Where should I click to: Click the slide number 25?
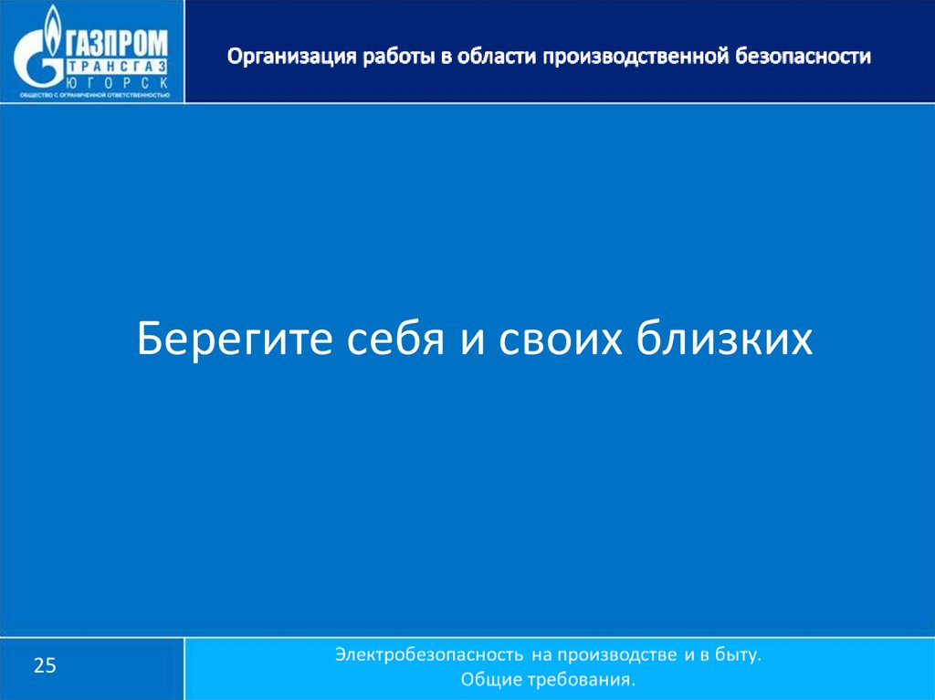pos(46,666)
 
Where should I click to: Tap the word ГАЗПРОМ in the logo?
pos(115,44)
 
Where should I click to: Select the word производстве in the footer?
pos(615,655)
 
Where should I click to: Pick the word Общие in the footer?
pos(491,680)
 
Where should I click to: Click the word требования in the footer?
pos(581,680)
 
